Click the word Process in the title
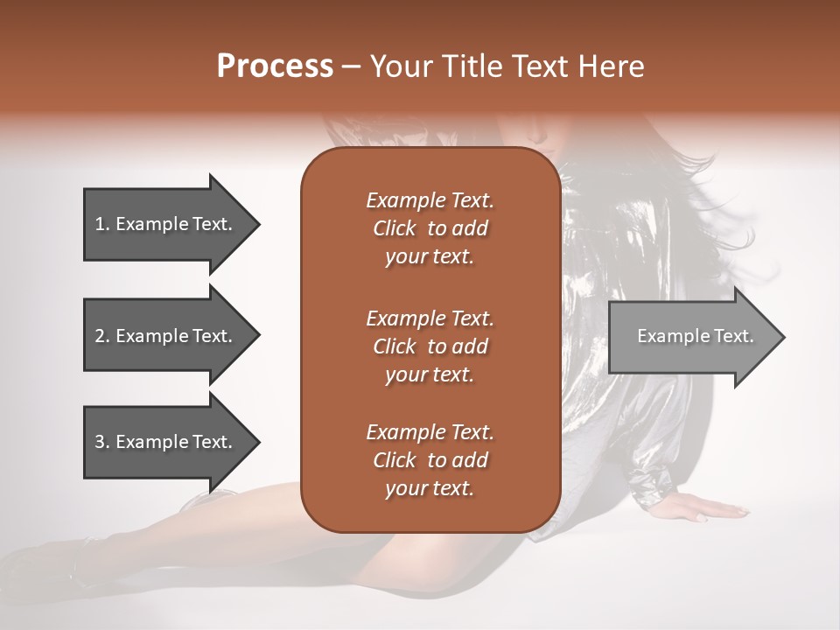(275, 66)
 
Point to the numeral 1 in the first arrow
(99, 224)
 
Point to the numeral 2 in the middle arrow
(100, 336)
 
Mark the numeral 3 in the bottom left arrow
(100, 442)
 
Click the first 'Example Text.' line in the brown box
(430, 200)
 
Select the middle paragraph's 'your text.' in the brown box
(430, 374)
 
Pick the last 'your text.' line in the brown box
(430, 489)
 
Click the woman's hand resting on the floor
(709, 508)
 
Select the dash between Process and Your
(352, 67)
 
